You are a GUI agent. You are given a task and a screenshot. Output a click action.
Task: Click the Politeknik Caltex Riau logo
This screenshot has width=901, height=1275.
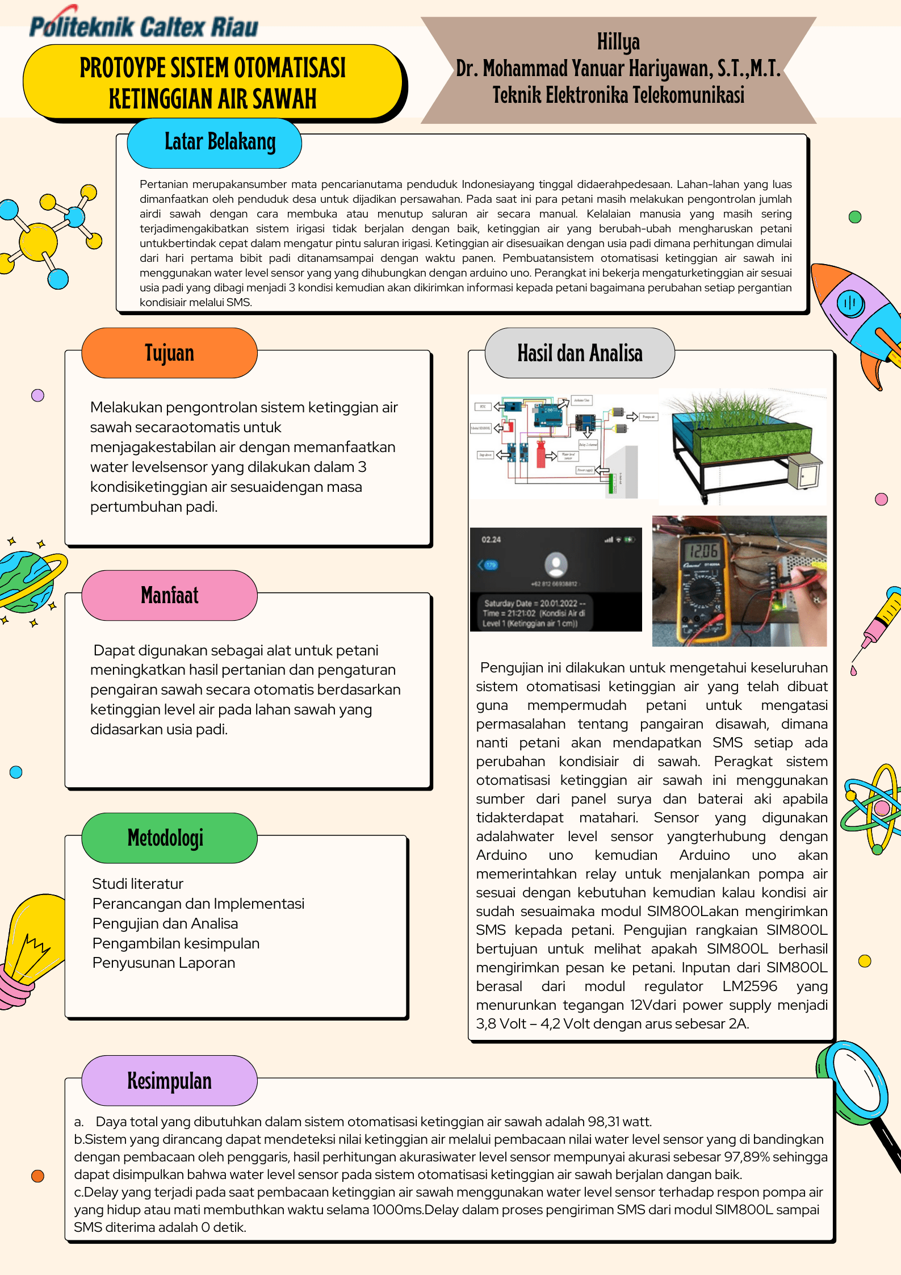click(143, 26)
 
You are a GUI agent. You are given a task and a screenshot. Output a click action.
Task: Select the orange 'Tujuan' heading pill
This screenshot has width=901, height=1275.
click(169, 353)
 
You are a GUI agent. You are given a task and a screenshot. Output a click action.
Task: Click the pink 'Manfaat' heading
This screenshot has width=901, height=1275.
click(169, 595)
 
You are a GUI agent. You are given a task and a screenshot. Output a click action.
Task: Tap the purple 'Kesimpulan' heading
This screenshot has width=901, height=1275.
click(169, 1080)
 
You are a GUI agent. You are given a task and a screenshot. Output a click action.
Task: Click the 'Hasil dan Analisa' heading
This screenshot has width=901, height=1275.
click(580, 353)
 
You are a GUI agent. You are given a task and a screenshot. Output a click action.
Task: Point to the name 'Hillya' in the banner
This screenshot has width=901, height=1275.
click(618, 41)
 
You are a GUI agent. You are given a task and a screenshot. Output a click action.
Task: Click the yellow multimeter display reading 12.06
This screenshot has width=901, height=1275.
click(703, 550)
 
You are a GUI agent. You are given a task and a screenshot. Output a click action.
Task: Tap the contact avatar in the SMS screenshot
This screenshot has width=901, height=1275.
click(556, 564)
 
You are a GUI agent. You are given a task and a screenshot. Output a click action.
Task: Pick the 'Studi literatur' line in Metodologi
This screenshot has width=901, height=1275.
click(138, 884)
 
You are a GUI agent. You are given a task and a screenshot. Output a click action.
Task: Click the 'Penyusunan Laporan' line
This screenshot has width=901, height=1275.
click(164, 963)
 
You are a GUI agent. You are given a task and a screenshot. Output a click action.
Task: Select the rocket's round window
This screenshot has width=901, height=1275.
click(850, 302)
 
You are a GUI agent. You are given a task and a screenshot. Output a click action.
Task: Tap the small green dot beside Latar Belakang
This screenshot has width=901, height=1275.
click(854, 216)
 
